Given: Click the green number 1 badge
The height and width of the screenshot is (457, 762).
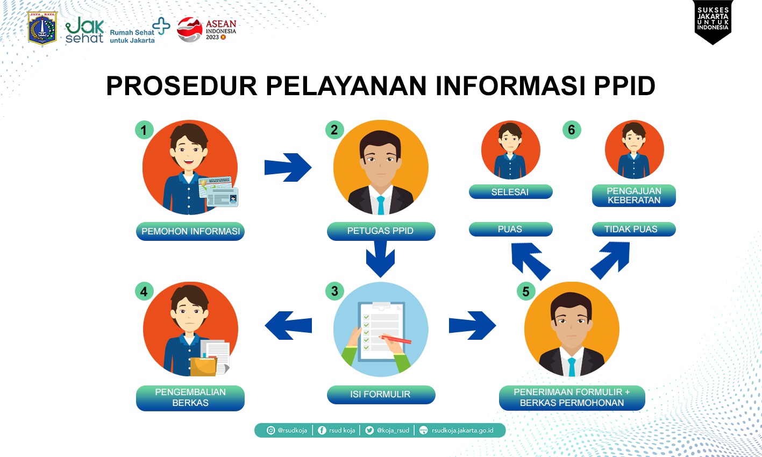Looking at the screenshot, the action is click(144, 130).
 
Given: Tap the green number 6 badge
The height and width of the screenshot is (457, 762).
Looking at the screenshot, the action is click(572, 130).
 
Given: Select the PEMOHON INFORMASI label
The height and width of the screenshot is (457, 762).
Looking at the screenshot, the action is click(190, 231).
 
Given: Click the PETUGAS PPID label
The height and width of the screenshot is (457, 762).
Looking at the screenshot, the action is click(381, 231).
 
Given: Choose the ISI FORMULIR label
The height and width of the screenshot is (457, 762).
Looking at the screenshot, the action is click(381, 395).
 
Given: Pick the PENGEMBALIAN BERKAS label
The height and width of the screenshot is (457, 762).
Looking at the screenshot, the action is click(190, 398).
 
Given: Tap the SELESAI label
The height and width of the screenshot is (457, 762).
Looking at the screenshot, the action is click(510, 192).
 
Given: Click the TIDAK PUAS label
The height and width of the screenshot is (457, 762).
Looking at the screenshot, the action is click(634, 229).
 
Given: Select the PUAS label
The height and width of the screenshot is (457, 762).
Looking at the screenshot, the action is click(510, 229).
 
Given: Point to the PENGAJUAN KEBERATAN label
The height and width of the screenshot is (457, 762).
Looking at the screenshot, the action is click(634, 196).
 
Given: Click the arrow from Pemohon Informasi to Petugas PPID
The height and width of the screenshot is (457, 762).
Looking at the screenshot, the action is click(288, 167).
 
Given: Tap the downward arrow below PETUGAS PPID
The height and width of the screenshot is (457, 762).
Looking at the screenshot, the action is click(381, 259).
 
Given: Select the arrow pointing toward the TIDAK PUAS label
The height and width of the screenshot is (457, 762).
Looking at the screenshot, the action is click(610, 260).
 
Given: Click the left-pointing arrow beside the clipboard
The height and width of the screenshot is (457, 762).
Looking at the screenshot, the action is click(288, 325).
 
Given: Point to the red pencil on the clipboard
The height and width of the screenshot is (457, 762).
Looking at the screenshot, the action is click(395, 339).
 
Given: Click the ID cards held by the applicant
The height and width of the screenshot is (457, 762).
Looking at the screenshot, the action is click(218, 191).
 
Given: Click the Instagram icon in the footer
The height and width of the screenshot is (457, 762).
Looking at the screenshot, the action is click(271, 431).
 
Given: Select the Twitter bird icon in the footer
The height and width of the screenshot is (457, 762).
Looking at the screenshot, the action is click(369, 431).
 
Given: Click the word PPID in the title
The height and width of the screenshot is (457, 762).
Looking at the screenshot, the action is click(624, 85).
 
